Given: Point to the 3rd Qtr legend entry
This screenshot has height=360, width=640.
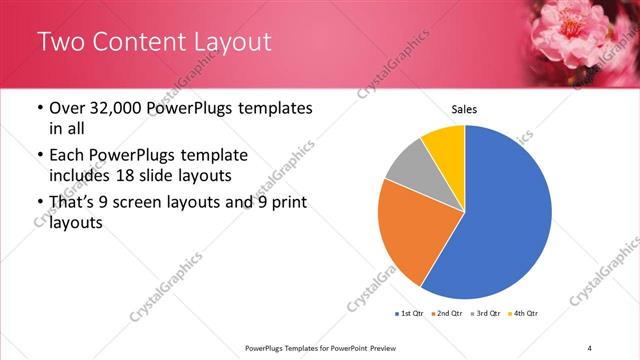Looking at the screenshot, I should click(485, 314).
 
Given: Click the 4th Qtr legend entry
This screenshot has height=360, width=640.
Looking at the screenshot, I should click(523, 314).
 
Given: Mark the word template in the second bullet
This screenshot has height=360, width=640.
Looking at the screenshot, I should click(210, 155).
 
